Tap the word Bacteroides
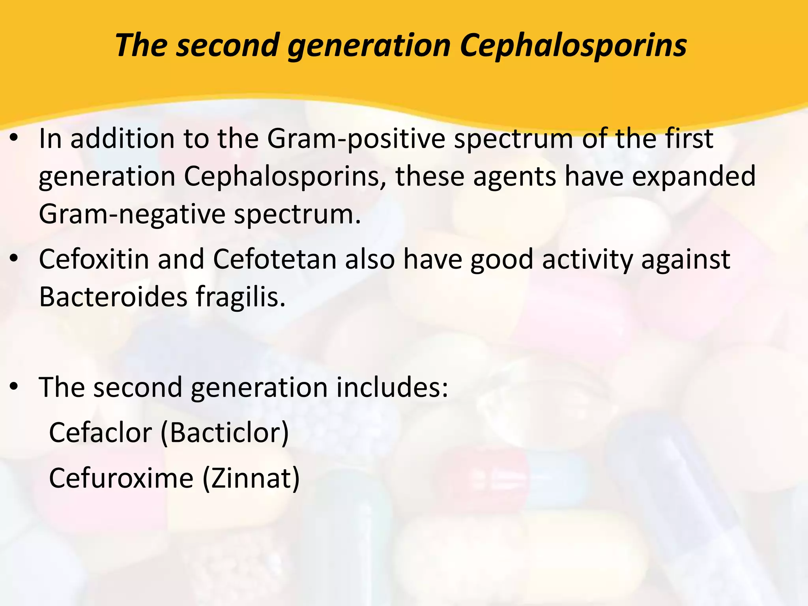tap(113, 297)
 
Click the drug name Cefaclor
tap(101, 432)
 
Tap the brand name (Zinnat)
tap(251, 478)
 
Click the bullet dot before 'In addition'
tap(15, 138)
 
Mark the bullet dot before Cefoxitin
tap(15, 258)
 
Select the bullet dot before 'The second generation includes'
tap(15, 387)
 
